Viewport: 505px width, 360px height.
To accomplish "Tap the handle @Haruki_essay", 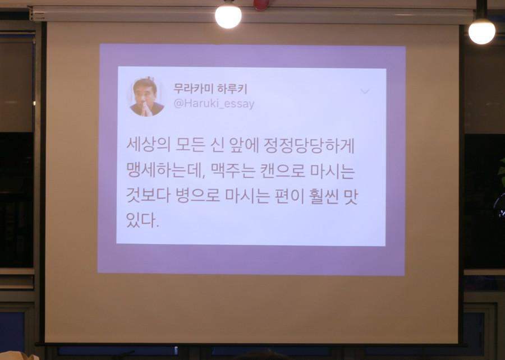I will tap(214, 104).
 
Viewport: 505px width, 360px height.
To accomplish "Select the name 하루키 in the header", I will tap(231, 89).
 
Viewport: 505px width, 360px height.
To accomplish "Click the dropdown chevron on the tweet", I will tap(365, 91).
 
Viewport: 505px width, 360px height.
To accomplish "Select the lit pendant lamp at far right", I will tap(482, 31).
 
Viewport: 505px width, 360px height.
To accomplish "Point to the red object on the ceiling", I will tap(261, 4).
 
